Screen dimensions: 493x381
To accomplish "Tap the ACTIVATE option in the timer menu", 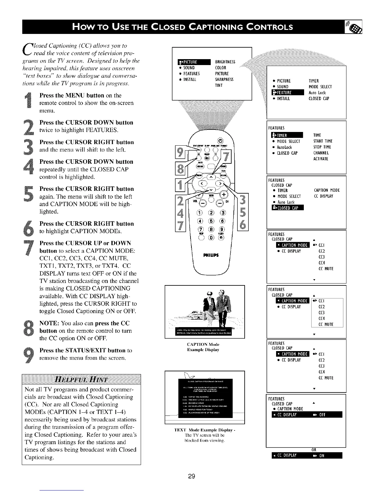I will click(x=320, y=159).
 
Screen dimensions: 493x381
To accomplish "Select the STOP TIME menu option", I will click(x=322, y=147).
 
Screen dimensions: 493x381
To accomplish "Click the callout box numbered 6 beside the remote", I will click(x=243, y=228).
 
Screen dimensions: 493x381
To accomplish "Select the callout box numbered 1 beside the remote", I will click(x=180, y=186).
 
